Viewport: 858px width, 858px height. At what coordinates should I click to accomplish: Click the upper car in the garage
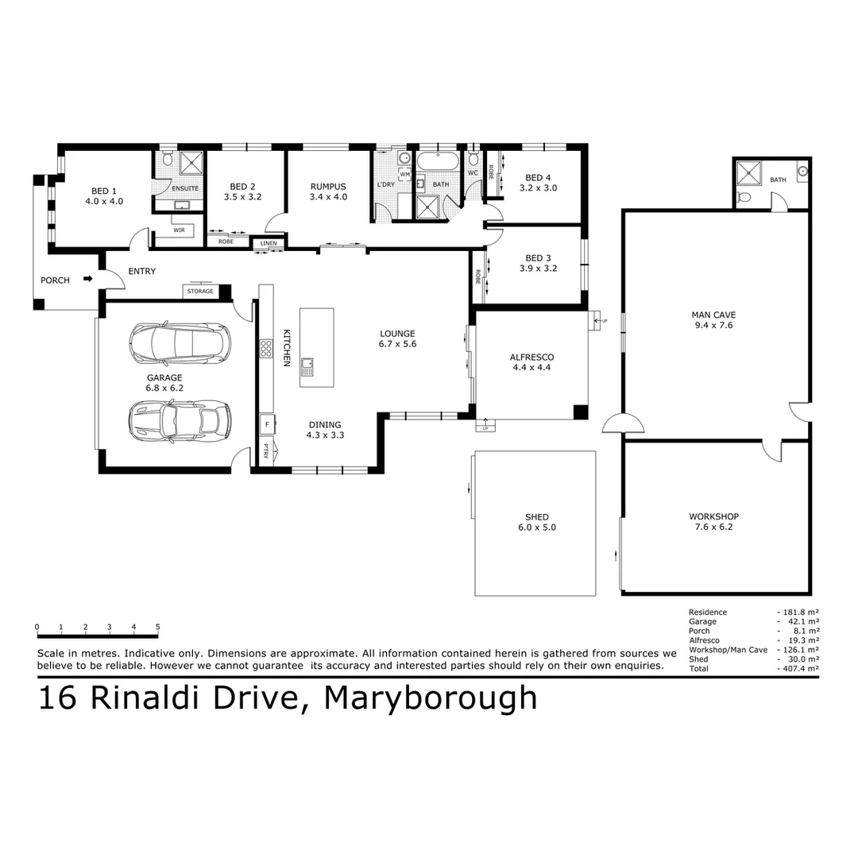click(180, 342)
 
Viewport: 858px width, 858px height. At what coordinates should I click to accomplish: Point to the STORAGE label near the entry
click(200, 292)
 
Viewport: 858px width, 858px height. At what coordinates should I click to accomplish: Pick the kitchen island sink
click(307, 366)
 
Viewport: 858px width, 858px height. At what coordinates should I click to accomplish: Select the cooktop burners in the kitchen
click(266, 348)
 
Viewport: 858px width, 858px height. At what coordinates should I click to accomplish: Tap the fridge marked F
click(266, 425)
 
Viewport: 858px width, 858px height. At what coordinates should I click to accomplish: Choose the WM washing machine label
click(404, 174)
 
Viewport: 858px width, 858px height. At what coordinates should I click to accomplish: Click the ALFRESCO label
click(531, 357)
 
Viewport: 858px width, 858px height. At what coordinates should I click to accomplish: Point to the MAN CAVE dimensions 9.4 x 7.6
click(713, 325)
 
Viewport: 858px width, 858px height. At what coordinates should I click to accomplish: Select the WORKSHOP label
click(713, 516)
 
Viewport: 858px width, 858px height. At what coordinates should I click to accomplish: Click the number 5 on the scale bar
click(157, 627)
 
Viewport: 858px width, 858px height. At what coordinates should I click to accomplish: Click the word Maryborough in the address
click(431, 698)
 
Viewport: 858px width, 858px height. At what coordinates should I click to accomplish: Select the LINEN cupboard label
click(269, 242)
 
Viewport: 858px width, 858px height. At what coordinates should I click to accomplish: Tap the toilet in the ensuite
click(166, 160)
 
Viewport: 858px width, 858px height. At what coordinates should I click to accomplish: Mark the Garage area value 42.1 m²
click(802, 621)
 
